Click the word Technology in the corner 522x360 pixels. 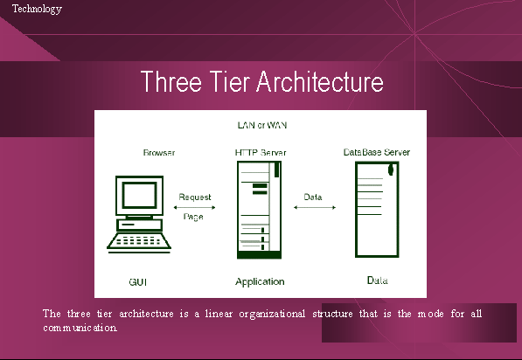(37, 9)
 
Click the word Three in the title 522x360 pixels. (171, 81)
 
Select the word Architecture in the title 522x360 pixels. (320, 81)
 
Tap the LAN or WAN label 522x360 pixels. (262, 125)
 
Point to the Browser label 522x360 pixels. (159, 152)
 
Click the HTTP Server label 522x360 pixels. (261, 152)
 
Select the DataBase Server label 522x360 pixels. (377, 152)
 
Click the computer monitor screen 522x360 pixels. (140, 195)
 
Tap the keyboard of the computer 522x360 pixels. (139, 240)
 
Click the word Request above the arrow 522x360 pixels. (195, 197)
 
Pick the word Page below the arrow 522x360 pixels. (193, 217)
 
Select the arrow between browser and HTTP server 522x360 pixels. (194, 207)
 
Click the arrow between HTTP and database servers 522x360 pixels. (315, 207)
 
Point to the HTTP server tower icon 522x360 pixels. (260, 210)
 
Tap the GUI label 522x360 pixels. (138, 282)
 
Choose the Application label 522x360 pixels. (260, 282)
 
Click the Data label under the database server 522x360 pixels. (377, 280)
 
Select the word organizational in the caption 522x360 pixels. (272, 314)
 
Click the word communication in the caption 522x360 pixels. (80, 328)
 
